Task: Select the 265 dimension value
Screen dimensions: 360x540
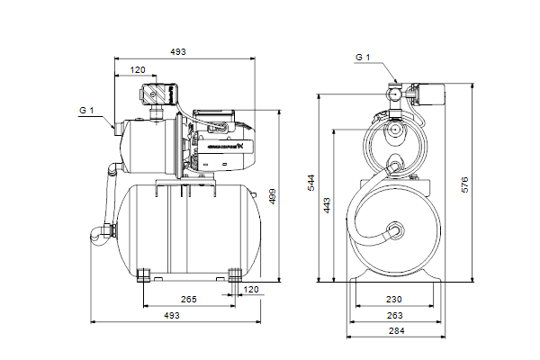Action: tap(188, 298)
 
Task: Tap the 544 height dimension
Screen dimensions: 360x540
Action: tap(311, 184)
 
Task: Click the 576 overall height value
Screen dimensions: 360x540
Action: tap(464, 184)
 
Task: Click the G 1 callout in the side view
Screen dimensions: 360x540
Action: tap(86, 110)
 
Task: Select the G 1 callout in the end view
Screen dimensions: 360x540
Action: tap(362, 58)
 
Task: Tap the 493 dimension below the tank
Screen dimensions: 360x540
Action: tap(172, 315)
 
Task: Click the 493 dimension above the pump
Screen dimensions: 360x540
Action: tap(178, 52)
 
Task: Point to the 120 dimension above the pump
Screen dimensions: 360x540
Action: tap(138, 69)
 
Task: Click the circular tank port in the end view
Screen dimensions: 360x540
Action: tap(393, 229)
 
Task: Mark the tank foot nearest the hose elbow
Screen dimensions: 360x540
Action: tap(144, 274)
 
